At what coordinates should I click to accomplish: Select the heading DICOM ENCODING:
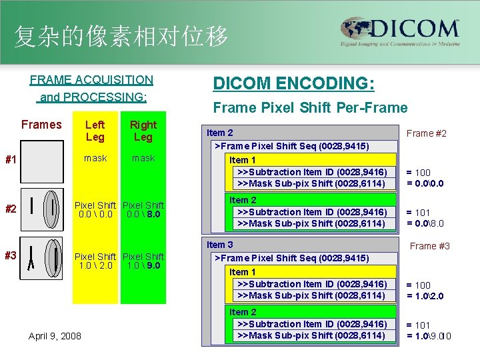tap(293, 84)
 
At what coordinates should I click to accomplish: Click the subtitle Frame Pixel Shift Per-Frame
tap(309, 107)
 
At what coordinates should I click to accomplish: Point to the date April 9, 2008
tap(55, 335)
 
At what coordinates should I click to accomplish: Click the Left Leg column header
tap(95, 131)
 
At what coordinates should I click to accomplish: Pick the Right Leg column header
tap(143, 131)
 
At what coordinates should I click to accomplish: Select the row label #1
tap(11, 160)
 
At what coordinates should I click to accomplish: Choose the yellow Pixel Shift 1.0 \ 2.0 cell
tap(95, 261)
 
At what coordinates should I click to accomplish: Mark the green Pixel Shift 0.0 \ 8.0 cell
tap(143, 209)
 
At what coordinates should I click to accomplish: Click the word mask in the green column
tap(143, 158)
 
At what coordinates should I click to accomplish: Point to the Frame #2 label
tap(427, 133)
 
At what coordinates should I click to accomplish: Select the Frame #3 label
tap(430, 246)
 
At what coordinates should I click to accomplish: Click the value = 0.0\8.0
tap(425, 224)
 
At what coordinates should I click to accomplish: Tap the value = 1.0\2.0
tap(425, 296)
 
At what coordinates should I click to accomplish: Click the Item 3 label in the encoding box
tap(220, 245)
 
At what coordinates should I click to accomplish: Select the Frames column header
tap(41, 125)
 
